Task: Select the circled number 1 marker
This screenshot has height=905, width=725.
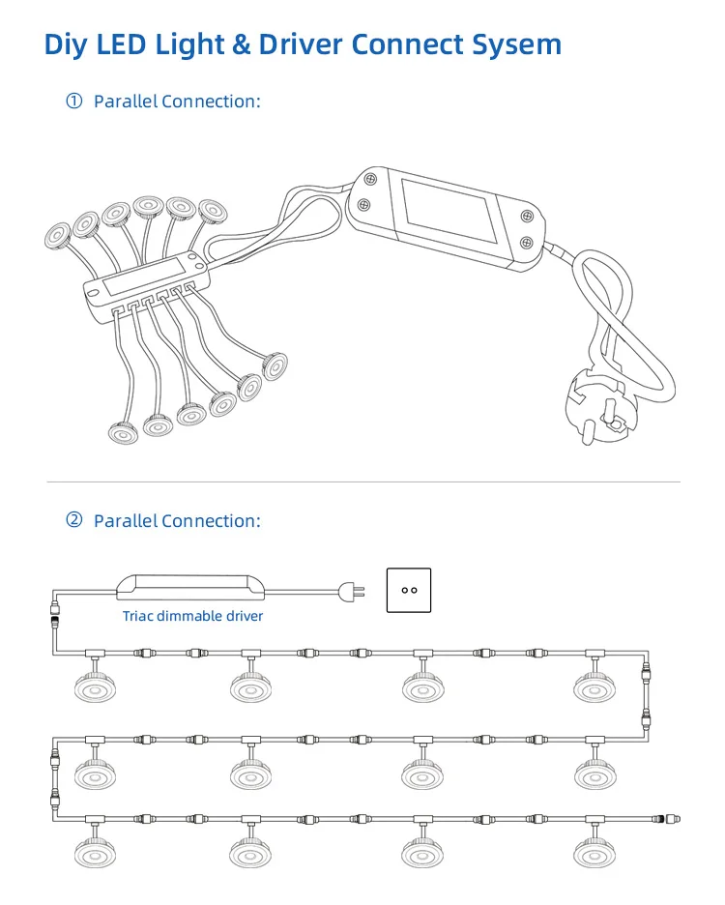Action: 73,101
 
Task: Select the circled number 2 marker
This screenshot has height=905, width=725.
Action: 73,520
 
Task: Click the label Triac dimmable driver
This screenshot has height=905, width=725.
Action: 192,616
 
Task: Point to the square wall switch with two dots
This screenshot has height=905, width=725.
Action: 409,590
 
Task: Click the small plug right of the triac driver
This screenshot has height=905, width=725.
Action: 352,591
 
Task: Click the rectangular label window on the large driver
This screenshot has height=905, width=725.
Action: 449,210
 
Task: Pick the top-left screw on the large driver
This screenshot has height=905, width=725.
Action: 371,180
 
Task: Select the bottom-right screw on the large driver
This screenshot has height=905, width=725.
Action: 526,243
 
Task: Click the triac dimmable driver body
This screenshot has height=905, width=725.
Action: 190,587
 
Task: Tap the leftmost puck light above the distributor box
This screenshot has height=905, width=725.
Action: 57,236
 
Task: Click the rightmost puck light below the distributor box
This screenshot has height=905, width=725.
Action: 275,365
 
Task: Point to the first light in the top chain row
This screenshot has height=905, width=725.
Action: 96,686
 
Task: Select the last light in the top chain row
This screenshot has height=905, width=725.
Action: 594,686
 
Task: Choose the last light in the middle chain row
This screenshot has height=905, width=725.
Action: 594,773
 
